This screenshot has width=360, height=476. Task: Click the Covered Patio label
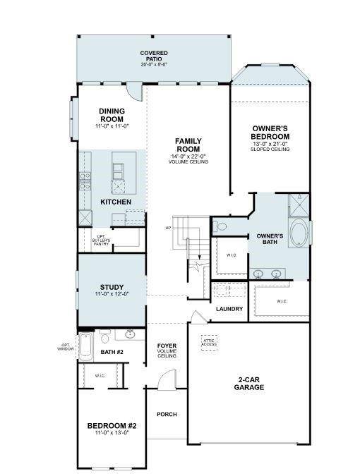tap(153, 57)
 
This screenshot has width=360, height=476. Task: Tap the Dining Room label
tap(112, 115)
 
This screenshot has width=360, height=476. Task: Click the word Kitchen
tap(116, 202)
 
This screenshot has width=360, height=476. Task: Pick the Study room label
tap(112, 289)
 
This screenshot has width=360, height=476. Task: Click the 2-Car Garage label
tap(249, 384)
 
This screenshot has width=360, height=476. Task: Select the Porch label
tap(167, 414)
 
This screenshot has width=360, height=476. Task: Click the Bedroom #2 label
tap(112, 427)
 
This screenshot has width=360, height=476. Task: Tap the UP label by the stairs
tap(168, 228)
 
